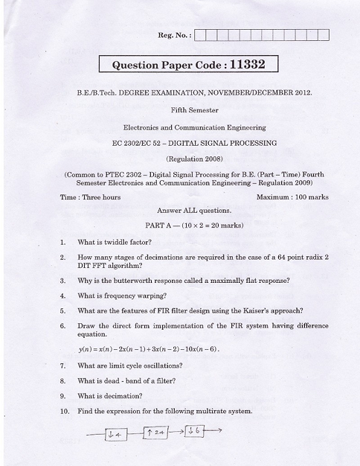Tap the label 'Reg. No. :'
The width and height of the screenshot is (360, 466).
(x=174, y=34)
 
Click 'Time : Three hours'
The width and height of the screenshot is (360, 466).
(x=90, y=197)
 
